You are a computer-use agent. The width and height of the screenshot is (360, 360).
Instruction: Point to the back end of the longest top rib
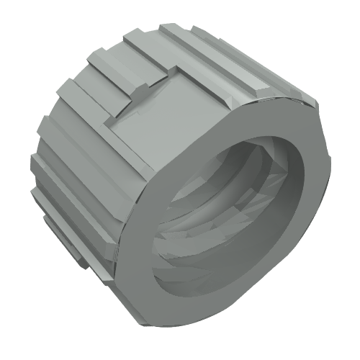(169, 30)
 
